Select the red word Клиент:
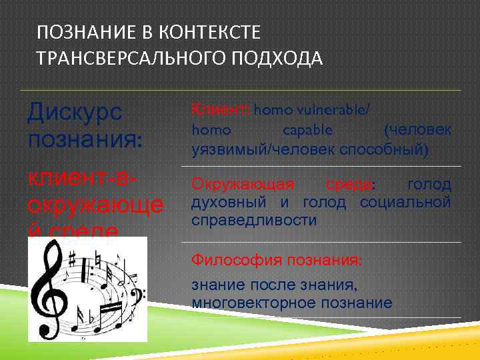[213, 109]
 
